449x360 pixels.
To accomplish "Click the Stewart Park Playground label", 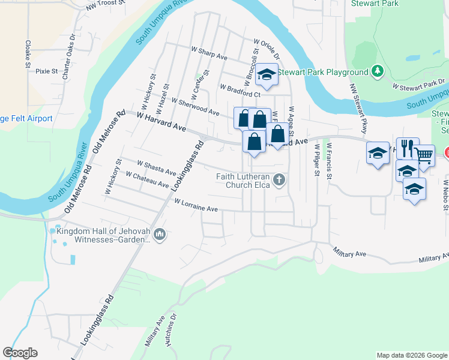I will [x=321, y=72].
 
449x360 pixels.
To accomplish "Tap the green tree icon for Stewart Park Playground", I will [x=378, y=72].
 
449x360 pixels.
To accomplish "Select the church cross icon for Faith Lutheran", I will [x=279, y=179].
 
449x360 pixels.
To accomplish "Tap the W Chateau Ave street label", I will [x=147, y=179].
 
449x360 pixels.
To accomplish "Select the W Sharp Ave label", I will [x=209, y=53].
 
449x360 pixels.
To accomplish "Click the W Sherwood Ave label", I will [x=195, y=106].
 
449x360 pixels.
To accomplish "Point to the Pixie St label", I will [x=46, y=71].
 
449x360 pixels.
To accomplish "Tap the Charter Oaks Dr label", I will [x=68, y=53].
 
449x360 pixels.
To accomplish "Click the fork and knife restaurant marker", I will [x=406, y=148].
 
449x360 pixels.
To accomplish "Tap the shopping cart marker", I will [x=424, y=155].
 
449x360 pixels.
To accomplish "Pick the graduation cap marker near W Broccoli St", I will [x=266, y=74].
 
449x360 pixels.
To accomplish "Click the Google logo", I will [x=20, y=353].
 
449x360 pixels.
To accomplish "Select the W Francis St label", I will [x=329, y=160].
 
